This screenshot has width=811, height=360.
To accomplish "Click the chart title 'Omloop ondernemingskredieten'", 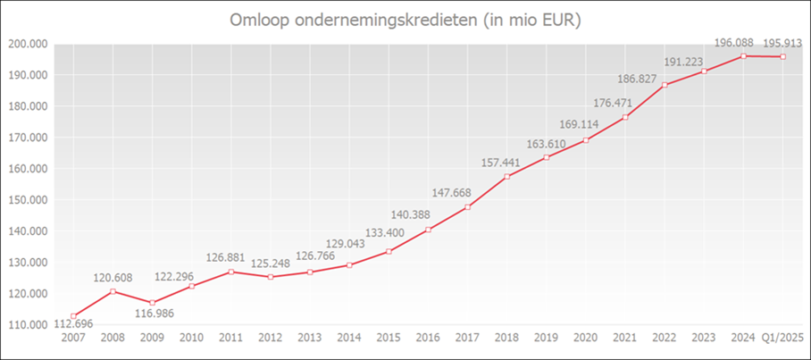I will (405, 20).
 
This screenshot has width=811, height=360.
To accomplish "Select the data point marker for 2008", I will (113, 291).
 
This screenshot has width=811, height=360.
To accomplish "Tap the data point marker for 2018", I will (506, 177).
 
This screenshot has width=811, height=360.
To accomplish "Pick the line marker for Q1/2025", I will (783, 57).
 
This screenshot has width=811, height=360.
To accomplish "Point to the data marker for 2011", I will (230, 272).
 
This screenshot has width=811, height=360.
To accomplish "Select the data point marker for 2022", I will (665, 85).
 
